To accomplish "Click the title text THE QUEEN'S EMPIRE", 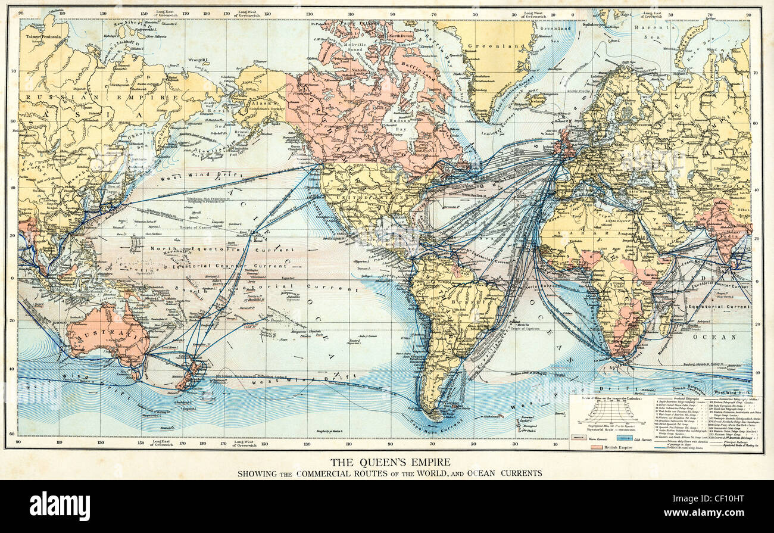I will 390,462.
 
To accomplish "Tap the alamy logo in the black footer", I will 60,506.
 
